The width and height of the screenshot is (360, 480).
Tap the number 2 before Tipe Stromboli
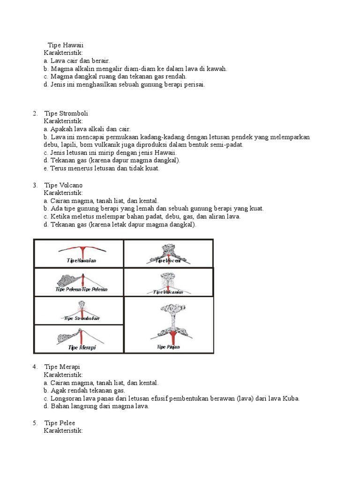[x=35, y=113]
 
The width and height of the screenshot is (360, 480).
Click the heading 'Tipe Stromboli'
[x=66, y=113]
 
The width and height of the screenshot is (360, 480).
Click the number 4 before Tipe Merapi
[x=35, y=367]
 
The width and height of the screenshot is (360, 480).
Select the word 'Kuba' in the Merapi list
[x=291, y=398]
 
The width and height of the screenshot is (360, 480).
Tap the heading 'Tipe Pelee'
[x=60, y=423]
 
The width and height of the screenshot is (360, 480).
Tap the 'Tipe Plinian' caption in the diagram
[x=169, y=347]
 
